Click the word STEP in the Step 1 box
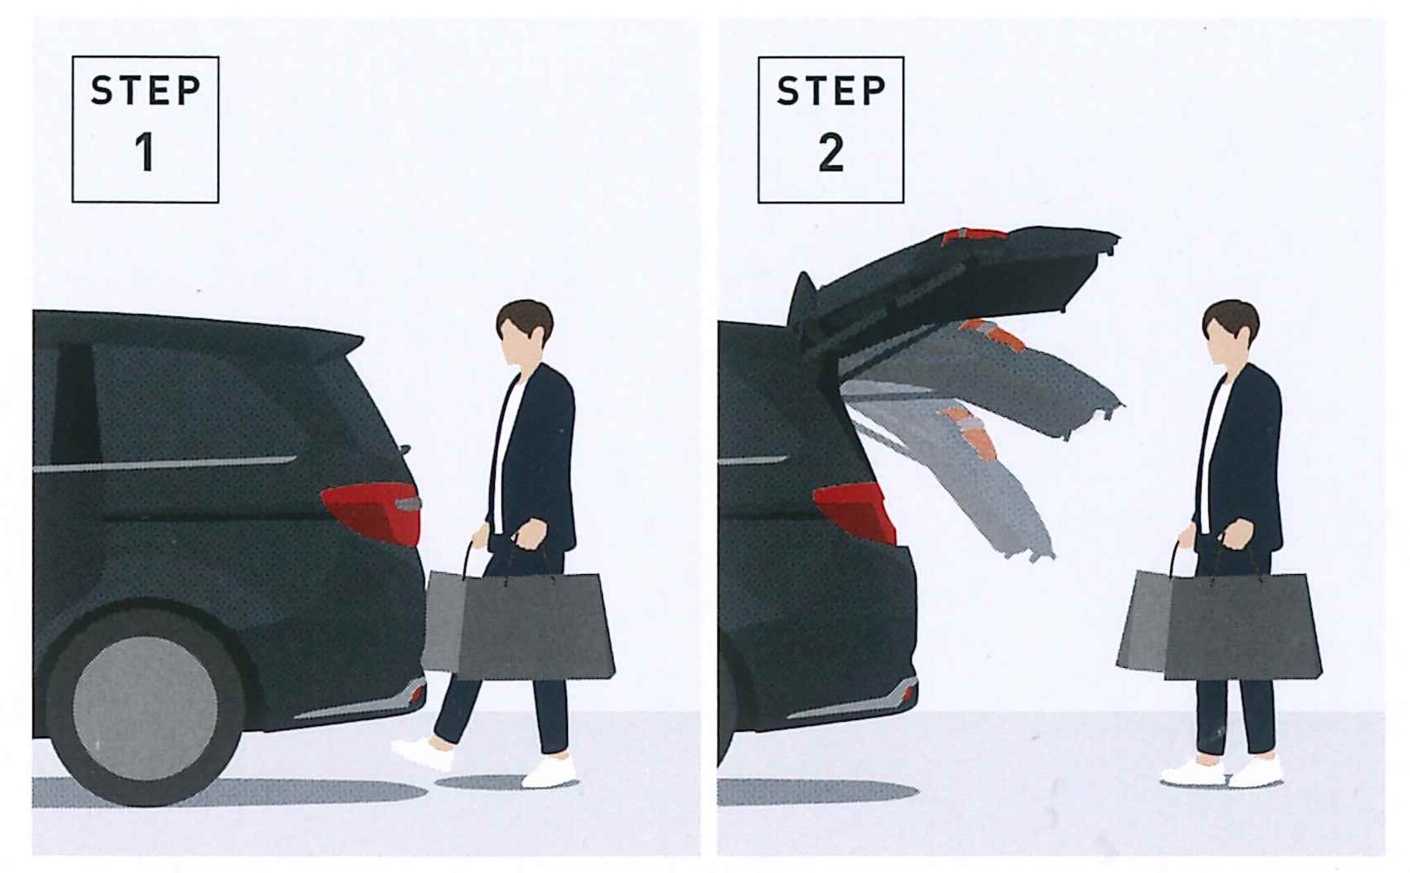(145, 91)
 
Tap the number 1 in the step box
(144, 153)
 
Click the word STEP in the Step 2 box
(831, 91)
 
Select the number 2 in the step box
(831, 153)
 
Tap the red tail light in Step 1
(373, 512)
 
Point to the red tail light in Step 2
(856, 512)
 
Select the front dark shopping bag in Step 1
(535, 627)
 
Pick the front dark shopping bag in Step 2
(1242, 627)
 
